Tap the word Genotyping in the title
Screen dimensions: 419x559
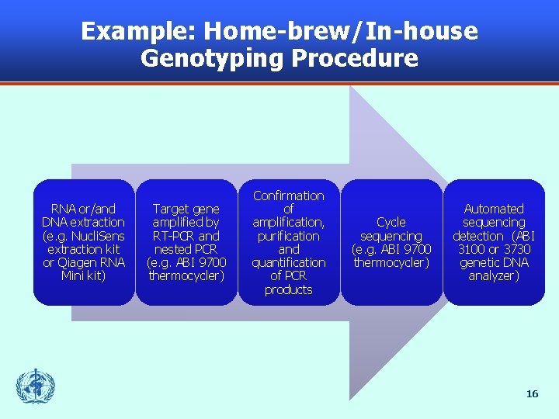(x=214, y=58)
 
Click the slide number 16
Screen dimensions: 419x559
(x=532, y=394)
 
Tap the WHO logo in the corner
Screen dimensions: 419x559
(x=36, y=386)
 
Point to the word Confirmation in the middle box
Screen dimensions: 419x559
(x=289, y=196)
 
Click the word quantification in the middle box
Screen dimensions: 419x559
(x=289, y=262)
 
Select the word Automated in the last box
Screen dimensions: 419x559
(x=494, y=209)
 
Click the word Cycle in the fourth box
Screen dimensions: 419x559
(x=391, y=222)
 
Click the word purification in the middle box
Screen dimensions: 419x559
(x=289, y=236)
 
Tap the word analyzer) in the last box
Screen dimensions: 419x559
(x=494, y=275)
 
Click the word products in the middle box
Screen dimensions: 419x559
(x=289, y=289)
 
